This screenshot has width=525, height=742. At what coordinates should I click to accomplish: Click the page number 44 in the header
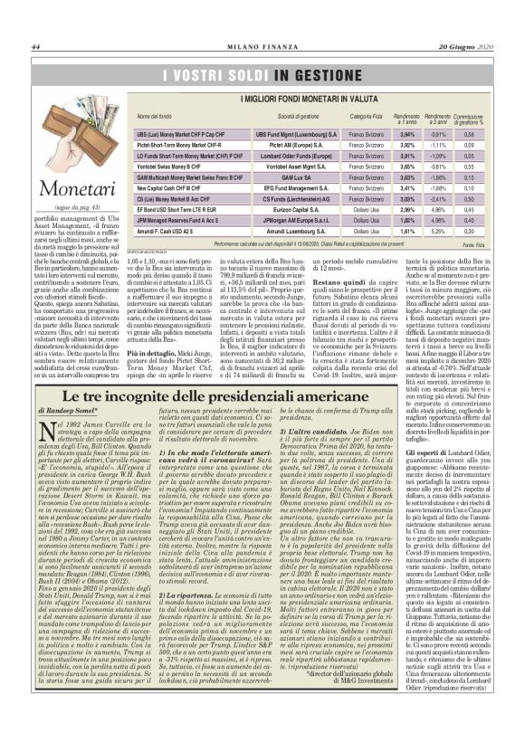click(36, 47)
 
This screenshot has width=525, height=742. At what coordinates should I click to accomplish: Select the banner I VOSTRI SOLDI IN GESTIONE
click(264, 74)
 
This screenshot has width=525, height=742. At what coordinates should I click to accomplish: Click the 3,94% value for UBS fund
click(407, 133)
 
